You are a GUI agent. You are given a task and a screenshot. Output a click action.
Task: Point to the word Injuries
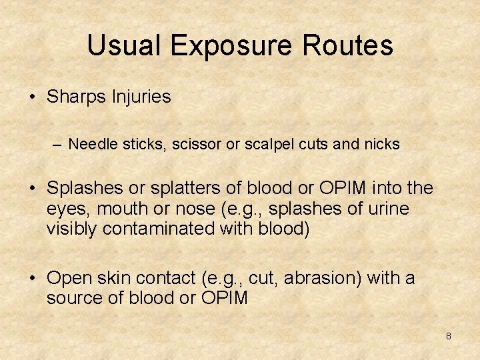point(142,97)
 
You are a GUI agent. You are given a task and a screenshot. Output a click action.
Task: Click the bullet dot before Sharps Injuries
point(33,97)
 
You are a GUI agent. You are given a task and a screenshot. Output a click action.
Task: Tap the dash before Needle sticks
point(59,144)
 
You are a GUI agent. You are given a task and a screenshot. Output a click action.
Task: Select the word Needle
point(91,144)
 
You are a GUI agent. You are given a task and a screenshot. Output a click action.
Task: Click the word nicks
point(381,144)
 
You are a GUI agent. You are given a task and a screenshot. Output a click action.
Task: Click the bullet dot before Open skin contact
point(33,278)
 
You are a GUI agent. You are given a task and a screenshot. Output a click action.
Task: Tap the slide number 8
point(448,336)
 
